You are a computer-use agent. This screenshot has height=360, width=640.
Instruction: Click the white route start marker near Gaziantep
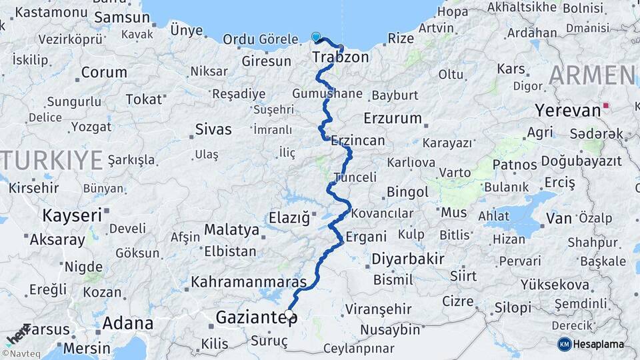(289, 313)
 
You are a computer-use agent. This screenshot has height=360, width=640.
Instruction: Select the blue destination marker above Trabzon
(316, 37)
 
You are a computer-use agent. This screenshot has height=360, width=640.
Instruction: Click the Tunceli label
(355, 177)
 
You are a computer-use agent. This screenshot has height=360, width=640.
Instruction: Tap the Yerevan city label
(568, 110)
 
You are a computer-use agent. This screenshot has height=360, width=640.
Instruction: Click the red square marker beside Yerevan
(605, 105)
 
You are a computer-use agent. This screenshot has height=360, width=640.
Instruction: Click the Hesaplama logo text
(599, 344)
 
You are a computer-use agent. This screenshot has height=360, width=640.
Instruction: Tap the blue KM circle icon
(565, 344)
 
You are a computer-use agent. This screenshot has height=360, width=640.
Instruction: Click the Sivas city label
(213, 129)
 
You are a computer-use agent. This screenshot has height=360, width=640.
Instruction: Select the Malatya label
(231, 230)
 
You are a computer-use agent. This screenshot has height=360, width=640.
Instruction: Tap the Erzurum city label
(393, 119)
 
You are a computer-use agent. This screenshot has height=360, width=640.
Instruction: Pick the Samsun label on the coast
(122, 18)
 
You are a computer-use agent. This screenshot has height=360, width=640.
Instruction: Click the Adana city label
(128, 324)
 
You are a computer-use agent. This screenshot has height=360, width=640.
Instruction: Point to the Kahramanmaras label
(249, 282)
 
